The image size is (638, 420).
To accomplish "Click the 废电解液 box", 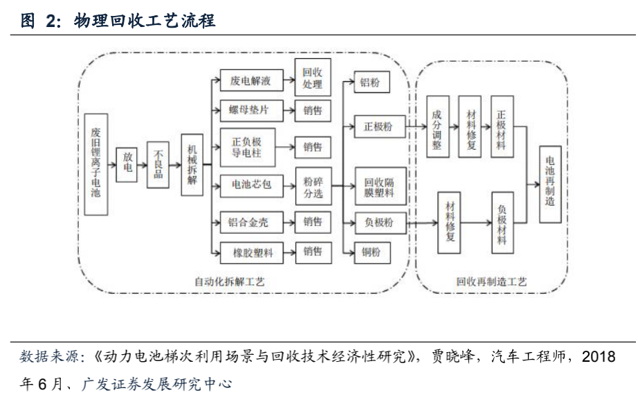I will pyautogui.click(x=249, y=81).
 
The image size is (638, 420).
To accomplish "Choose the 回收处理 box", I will pyautogui.click(x=312, y=78).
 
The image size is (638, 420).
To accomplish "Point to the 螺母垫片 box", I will pyautogui.click(x=249, y=110).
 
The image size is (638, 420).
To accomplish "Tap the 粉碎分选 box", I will pyautogui.click(x=312, y=187).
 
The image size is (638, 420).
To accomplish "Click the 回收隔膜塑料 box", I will pyautogui.click(x=379, y=187).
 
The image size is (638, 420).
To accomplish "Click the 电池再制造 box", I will pyautogui.click(x=550, y=184).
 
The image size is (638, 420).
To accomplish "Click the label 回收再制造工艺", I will pyautogui.click(x=491, y=282).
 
